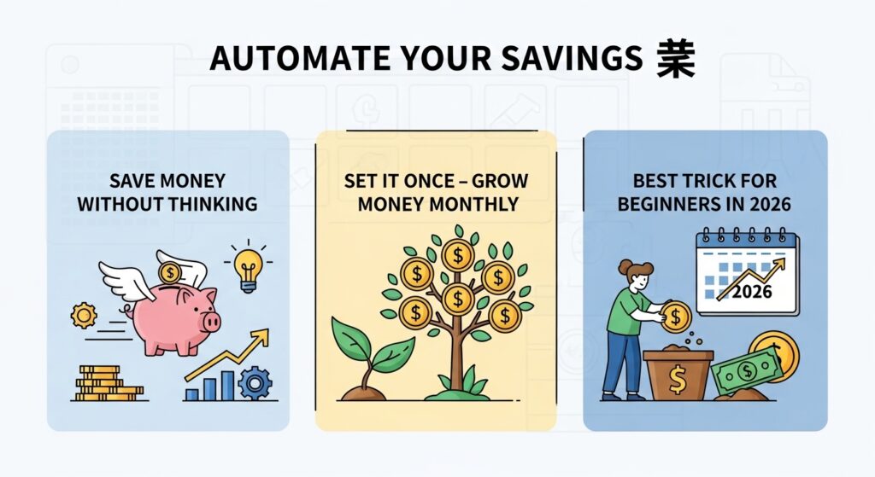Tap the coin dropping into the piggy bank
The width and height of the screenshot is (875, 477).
point(170,273)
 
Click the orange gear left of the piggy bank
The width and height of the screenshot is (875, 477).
point(84,315)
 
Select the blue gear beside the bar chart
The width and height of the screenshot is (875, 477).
point(255,382)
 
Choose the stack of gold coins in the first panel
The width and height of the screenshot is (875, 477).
point(103,384)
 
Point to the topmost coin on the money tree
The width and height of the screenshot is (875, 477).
point(458,253)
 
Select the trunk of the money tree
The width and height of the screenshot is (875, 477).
point(457,358)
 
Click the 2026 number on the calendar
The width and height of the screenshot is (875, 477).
point(753,292)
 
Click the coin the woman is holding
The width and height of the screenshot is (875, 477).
point(676,317)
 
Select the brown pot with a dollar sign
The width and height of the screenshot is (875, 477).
point(678,375)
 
